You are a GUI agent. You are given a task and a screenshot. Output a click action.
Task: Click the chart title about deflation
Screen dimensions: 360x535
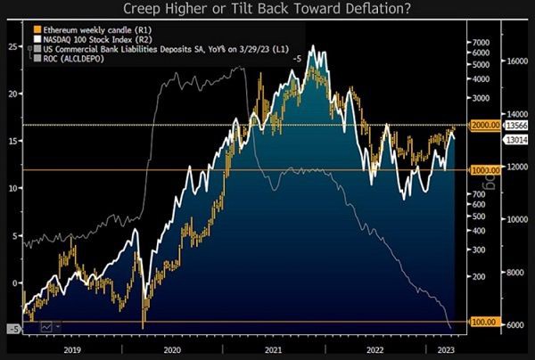pos(267,10)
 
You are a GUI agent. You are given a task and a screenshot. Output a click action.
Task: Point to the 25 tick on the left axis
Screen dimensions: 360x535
pos(11,46)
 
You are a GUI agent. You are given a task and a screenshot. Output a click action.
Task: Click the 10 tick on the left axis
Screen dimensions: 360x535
pos(11,188)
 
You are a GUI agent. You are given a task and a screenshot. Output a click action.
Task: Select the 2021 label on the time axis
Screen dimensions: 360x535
pos(274,349)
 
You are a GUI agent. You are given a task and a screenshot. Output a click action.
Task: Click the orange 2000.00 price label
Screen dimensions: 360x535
pos(483,126)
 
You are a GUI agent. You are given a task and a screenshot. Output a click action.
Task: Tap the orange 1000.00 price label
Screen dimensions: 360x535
pos(483,169)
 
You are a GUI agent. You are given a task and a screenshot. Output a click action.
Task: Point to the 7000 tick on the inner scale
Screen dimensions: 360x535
pos(481,42)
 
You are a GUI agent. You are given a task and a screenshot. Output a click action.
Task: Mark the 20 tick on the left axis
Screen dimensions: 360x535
pos(11,94)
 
